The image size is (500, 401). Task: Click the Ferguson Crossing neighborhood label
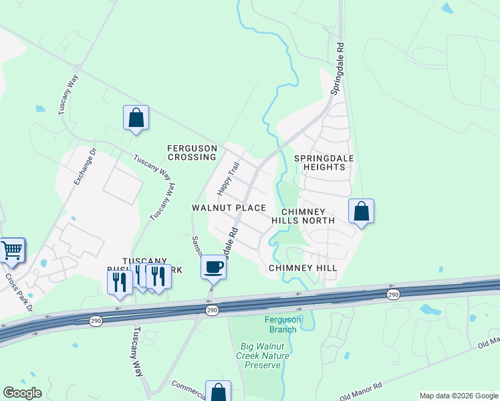(193, 152)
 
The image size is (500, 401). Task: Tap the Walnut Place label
(229, 208)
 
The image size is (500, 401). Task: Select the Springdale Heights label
(324, 162)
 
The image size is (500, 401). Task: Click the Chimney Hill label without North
(303, 267)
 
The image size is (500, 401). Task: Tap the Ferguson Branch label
(283, 324)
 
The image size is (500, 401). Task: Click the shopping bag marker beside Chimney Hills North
(361, 211)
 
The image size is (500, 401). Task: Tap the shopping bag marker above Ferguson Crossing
(136, 118)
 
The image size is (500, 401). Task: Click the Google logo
(22, 393)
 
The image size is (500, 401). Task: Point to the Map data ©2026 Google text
(459, 396)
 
